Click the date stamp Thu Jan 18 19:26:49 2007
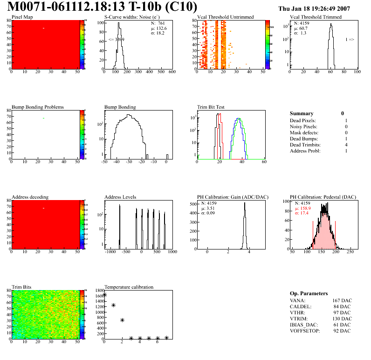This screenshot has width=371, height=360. click(321, 8)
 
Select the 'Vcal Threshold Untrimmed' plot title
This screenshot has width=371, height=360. click(226, 17)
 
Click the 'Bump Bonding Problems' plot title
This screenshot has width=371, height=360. click(38, 107)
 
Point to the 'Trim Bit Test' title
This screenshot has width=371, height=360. click(211, 107)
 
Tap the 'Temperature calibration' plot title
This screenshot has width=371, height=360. click(129, 287)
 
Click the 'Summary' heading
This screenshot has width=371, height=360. click(302, 113)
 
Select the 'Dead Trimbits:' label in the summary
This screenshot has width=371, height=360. click(305, 145)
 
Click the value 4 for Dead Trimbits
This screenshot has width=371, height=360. click(346, 145)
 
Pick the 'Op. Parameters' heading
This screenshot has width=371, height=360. click(309, 293)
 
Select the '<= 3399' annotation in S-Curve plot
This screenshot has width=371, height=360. click(116, 40)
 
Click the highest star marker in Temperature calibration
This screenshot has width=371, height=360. click(105, 295)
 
